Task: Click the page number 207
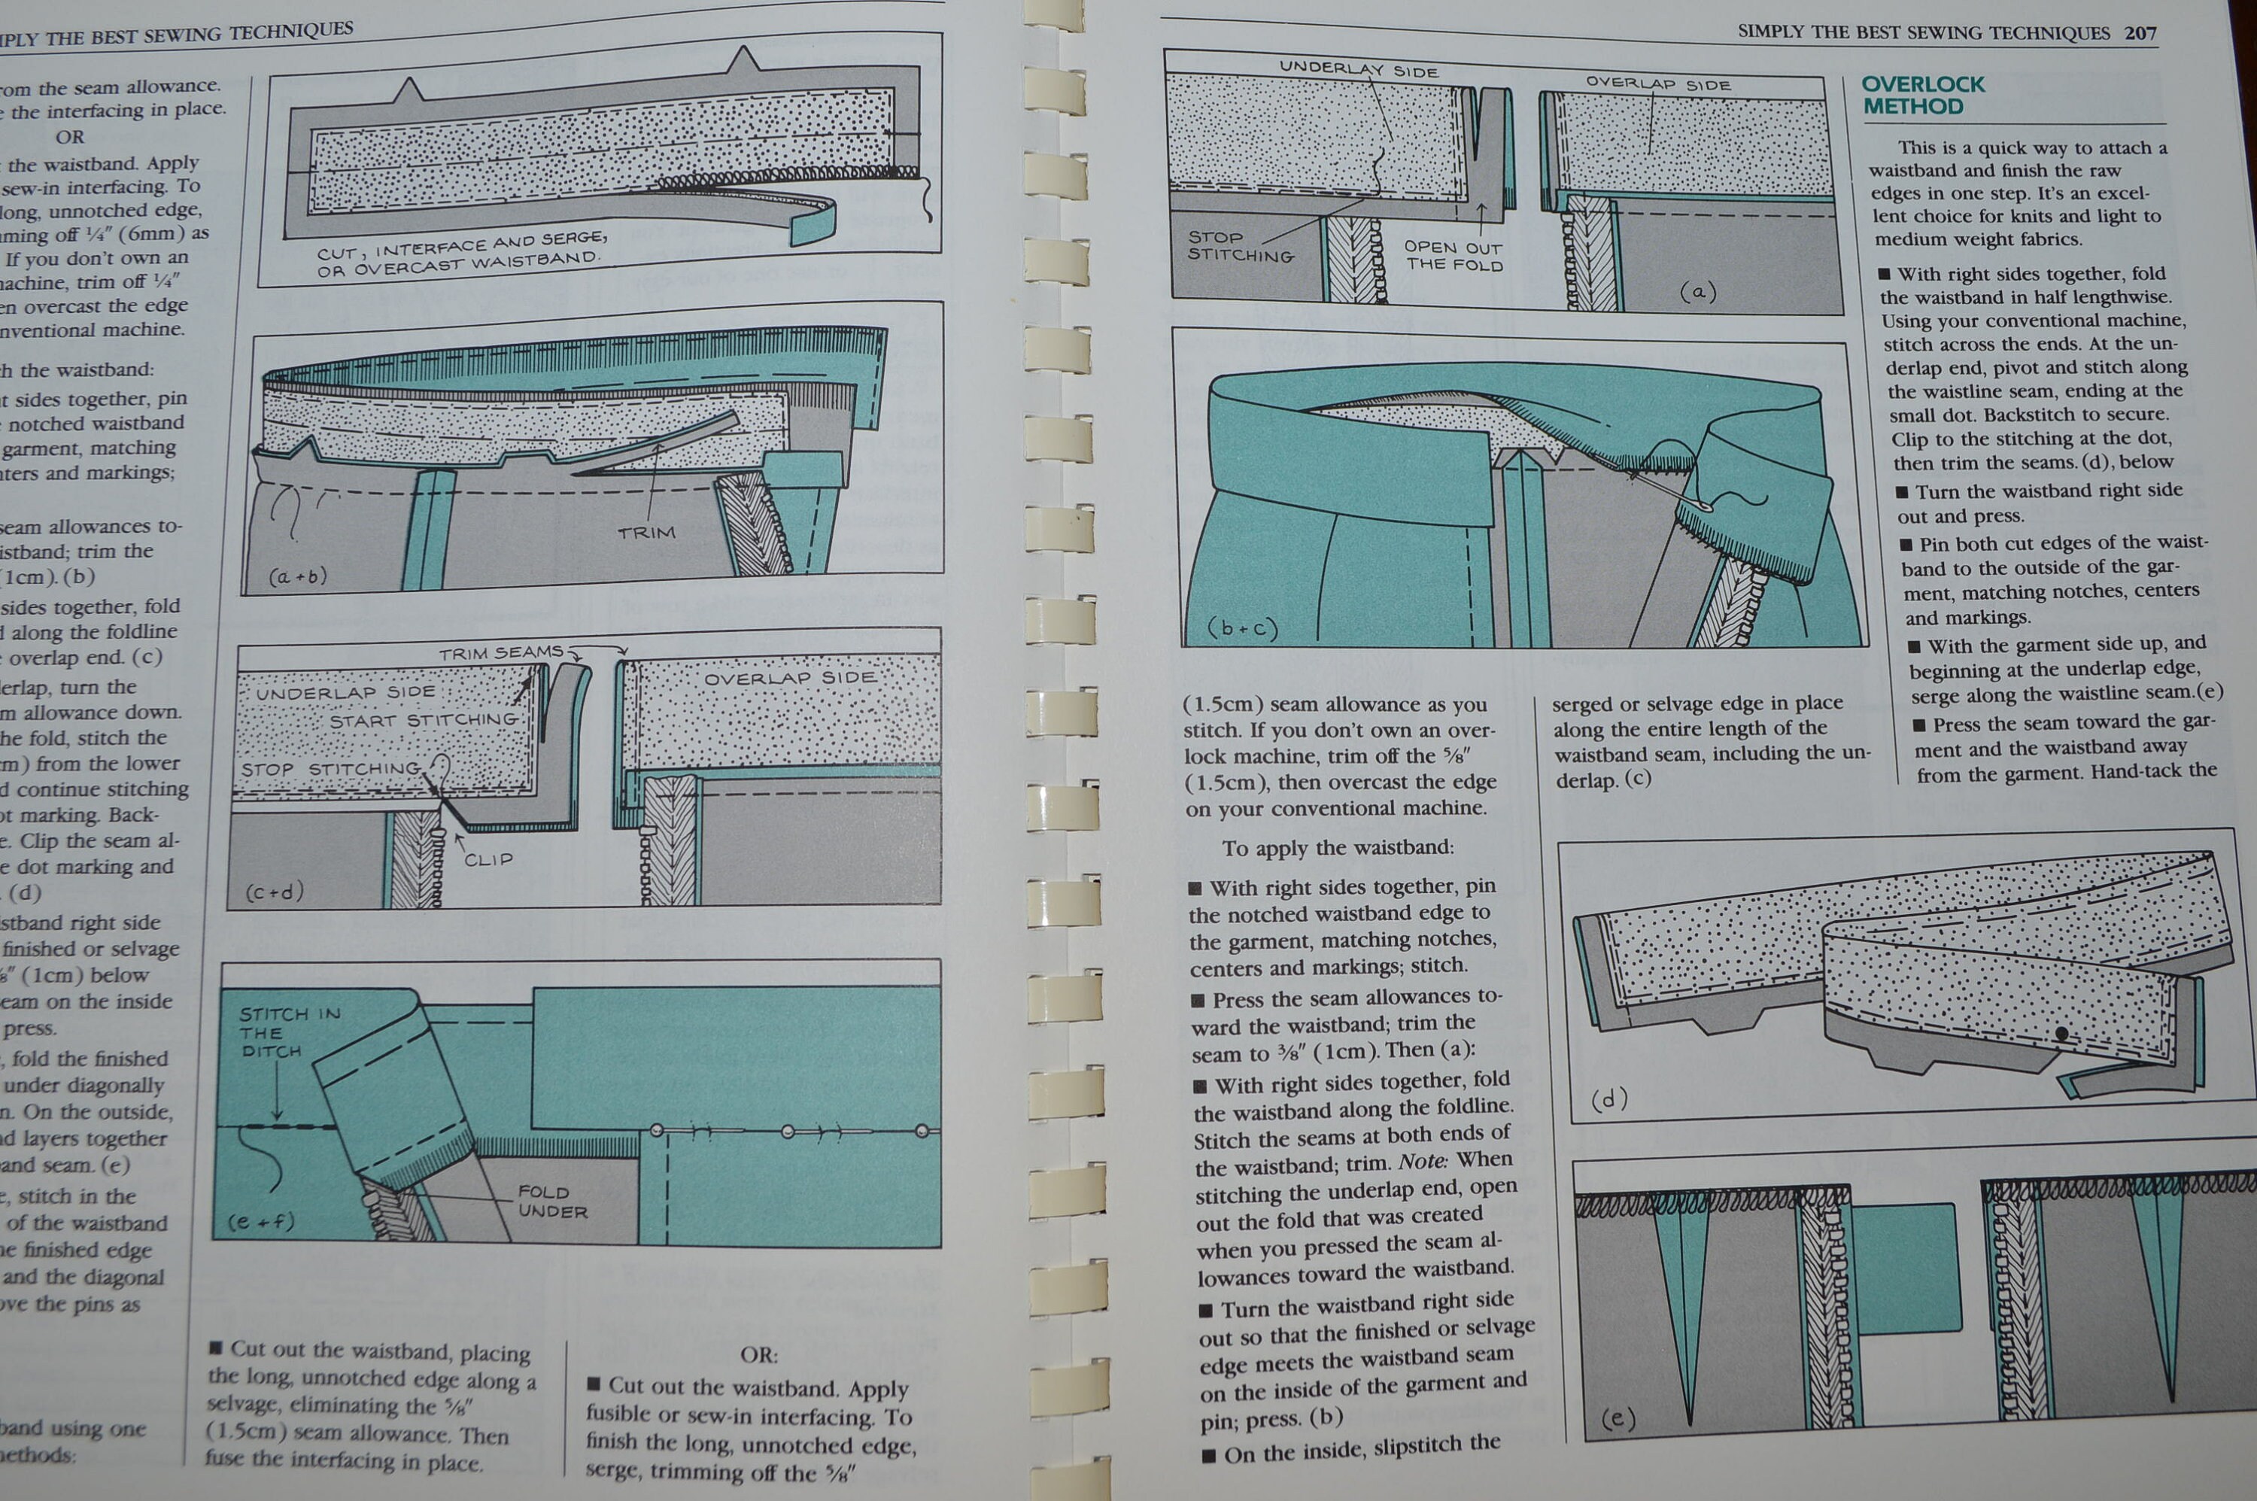[2140, 34]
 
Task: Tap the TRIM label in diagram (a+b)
[646, 532]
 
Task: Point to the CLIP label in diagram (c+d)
[488, 858]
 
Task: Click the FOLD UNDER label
[546, 1202]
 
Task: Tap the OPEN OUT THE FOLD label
[1453, 256]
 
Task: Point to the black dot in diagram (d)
[2061, 1035]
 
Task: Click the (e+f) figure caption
[260, 1221]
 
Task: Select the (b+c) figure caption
[1241, 629]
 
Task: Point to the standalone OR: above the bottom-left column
[759, 1354]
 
